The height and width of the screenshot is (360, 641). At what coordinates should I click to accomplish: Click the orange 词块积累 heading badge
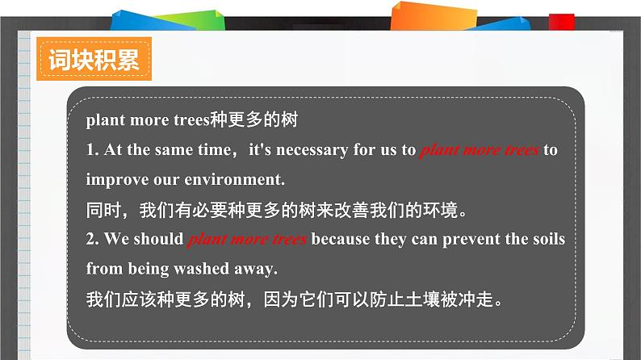(x=94, y=59)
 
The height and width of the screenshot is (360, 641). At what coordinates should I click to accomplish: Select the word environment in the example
(x=234, y=179)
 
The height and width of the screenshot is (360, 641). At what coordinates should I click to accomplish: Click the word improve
(x=117, y=180)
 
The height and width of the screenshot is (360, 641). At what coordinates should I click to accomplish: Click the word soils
(x=549, y=239)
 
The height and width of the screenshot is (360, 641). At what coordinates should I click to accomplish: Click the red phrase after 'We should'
(x=247, y=239)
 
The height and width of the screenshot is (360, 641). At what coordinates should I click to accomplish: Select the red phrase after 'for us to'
(x=480, y=150)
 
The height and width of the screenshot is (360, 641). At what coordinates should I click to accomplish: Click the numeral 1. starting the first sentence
(x=92, y=149)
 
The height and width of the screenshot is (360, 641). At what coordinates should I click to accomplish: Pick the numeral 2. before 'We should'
(x=92, y=239)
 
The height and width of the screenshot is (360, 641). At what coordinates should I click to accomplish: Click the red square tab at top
(x=562, y=22)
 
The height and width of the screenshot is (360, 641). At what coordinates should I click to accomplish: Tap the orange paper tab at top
(x=434, y=17)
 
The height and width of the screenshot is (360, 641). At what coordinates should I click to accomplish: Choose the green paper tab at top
(x=192, y=20)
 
